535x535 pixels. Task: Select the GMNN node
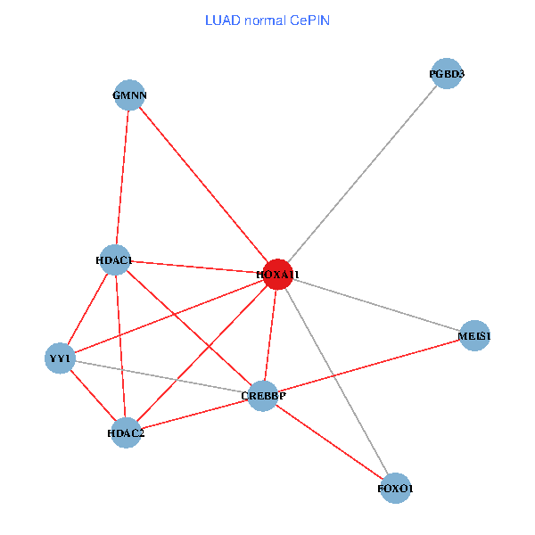pos(129,95)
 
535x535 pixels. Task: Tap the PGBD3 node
pos(445,74)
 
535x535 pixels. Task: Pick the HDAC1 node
pos(115,260)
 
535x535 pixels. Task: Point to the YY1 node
pos(60,358)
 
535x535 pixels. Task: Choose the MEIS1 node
pos(474,336)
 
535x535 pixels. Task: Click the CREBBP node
pos(262,395)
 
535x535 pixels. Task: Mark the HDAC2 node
pos(126,432)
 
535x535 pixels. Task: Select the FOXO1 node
pos(395,489)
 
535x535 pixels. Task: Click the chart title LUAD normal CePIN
pos(267,20)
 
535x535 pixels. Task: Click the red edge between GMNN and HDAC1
pos(122,178)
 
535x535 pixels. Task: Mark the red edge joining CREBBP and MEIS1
pos(368,366)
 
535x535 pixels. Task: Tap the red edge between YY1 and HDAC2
pos(93,395)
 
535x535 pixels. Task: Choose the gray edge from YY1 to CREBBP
pos(160,376)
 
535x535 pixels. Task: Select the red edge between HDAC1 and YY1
pos(87,309)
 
